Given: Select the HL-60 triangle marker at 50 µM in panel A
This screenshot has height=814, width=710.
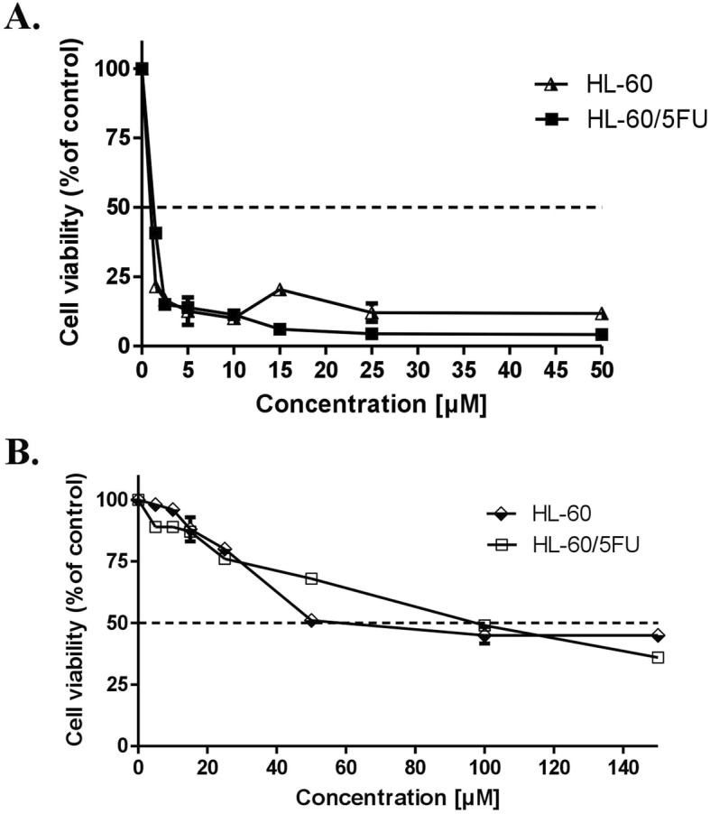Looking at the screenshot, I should [602, 313].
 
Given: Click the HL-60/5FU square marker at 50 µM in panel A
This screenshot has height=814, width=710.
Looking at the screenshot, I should [602, 334].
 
